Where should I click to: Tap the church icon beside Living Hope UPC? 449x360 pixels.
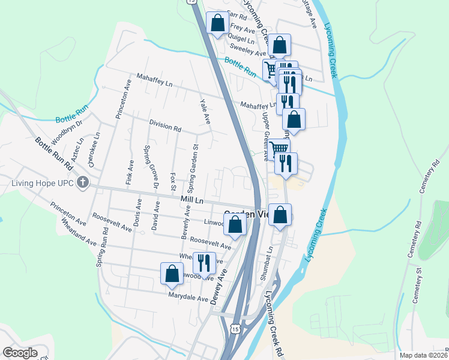(83, 182)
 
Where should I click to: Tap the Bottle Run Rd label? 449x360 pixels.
(55, 154)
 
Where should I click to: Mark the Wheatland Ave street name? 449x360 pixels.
(79, 232)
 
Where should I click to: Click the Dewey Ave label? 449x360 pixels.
(217, 287)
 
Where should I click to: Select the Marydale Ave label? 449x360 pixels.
(188, 297)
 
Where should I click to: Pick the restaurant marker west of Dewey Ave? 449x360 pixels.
(203, 262)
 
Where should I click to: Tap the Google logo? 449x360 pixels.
(20, 353)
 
